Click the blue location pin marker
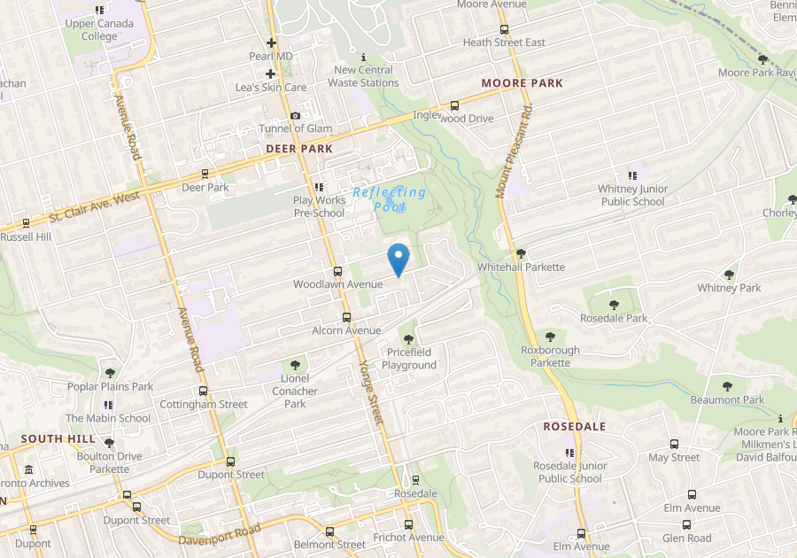(398, 258)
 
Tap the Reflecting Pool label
(390, 198)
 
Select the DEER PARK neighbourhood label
(299, 149)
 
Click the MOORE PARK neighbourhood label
(522, 83)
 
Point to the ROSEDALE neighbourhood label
(574, 426)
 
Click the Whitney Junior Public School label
(632, 195)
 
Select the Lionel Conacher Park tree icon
(295, 364)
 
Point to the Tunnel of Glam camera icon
(295, 116)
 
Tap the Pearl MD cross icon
(271, 43)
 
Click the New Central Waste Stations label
(363, 76)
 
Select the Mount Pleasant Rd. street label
(515, 151)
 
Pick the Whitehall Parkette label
(521, 267)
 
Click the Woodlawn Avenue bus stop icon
(337, 271)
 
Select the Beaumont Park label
(727, 399)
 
